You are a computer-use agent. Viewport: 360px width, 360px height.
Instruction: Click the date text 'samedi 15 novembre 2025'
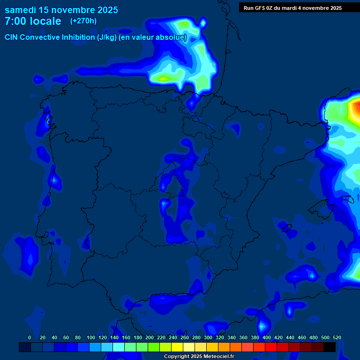pos(61,10)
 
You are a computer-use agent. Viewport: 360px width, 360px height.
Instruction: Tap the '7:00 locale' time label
pos(33,21)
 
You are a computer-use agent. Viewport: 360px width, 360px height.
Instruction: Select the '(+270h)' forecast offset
pos(83,21)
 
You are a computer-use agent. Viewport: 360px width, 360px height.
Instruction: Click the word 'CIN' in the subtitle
pos(12,37)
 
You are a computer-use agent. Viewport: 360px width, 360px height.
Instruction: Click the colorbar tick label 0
pos(30,338)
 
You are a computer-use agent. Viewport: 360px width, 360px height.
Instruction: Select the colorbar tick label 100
pos(91,338)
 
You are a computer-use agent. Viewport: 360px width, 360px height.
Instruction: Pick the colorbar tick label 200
pos(150,338)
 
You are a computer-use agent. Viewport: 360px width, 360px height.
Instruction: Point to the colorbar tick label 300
pos(208,338)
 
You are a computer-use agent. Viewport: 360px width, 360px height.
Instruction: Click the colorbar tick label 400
pos(267,338)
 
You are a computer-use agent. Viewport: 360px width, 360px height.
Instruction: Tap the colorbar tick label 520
pos(337,338)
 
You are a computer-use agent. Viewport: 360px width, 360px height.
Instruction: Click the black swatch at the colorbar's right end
pos(330,347)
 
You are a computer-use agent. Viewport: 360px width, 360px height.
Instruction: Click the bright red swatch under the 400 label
pos(271,347)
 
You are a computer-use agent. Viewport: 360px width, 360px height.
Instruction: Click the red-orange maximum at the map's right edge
pos(355,110)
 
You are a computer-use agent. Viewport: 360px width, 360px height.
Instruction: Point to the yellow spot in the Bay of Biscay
pos(163,78)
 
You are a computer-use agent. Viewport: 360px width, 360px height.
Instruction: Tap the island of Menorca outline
pos(347,199)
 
